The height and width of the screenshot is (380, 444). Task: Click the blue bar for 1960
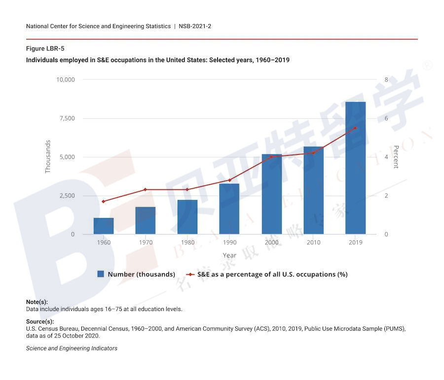[104, 226]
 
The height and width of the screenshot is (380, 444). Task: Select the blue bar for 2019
[355, 168]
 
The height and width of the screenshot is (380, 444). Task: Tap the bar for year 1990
[229, 209]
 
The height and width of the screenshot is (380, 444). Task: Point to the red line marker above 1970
[146, 190]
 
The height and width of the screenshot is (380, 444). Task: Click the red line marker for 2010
[313, 153]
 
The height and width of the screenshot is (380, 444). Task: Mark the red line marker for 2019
[355, 128]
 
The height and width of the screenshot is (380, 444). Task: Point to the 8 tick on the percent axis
[386, 79]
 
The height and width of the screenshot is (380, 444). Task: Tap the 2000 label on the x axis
[271, 242]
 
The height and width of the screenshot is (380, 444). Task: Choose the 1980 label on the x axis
[187, 242]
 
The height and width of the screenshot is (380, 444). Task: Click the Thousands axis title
[48, 156]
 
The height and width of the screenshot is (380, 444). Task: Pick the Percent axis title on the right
[395, 157]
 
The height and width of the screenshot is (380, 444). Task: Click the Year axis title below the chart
[229, 256]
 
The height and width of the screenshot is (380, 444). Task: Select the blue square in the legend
[101, 274]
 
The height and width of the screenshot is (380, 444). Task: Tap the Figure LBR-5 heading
[45, 48]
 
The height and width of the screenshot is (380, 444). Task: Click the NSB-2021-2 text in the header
[195, 26]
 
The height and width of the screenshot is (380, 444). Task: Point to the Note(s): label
[37, 302]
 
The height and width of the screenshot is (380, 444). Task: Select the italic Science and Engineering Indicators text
[72, 348]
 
